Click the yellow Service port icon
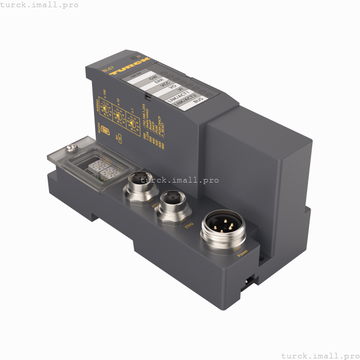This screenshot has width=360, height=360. (x=105, y=130)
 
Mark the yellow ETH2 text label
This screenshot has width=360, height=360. (x=189, y=225)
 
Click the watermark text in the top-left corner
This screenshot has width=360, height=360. (x=40, y=5)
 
